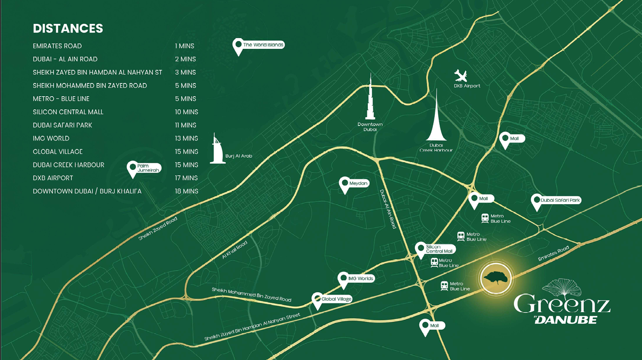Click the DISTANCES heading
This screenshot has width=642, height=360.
click(68, 28)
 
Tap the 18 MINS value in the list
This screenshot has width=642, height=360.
click(187, 191)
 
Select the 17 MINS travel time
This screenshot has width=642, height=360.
click(187, 178)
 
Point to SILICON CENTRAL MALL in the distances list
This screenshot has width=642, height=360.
click(68, 112)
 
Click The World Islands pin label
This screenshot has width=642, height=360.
click(263, 45)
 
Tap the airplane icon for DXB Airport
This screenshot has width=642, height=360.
click(461, 76)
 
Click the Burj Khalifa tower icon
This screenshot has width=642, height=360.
click(370, 98)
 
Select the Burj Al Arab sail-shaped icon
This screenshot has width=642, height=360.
click(217, 148)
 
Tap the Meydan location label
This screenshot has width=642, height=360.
click(358, 184)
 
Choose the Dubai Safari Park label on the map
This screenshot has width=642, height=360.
click(560, 200)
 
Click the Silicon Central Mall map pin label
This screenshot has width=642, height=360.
click(439, 249)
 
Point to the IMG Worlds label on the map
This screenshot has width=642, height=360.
click(361, 278)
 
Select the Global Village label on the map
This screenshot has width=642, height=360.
click(336, 299)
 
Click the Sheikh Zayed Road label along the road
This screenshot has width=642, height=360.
click(158, 229)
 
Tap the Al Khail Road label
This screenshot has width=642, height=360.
click(235, 249)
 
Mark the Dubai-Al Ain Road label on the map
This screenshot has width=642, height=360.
click(388, 209)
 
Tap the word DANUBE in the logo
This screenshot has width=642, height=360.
click(568, 319)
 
